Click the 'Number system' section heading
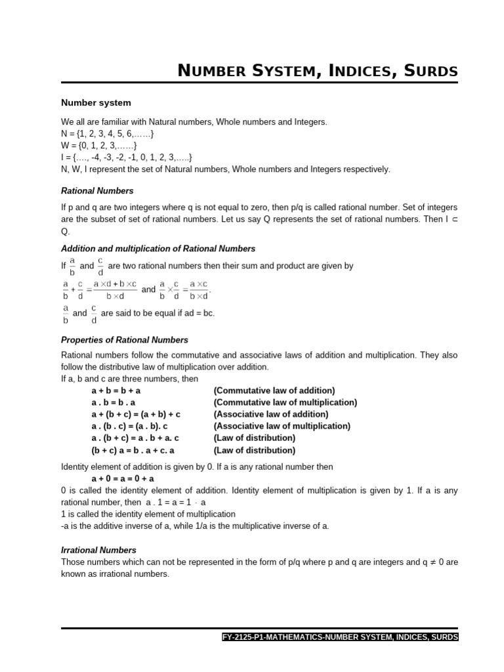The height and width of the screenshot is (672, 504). coord(96,103)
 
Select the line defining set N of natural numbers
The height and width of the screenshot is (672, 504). coord(108,134)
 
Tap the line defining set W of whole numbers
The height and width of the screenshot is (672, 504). coord(99,146)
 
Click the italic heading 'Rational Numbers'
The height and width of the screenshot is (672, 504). coord(97,191)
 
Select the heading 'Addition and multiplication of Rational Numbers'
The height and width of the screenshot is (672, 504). coord(158,249)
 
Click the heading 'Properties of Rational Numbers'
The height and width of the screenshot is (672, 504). coord(125,340)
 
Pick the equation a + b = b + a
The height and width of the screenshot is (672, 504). coord(116,390)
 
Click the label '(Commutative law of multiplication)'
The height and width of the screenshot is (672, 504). coord(285,402)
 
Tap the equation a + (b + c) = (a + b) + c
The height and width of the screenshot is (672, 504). coord(136,414)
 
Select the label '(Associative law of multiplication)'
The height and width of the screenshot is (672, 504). coord(282,426)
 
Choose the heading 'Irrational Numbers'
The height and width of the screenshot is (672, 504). coord(99,550)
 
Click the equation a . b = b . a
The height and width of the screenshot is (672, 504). coord(114,402)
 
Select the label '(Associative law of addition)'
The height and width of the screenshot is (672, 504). coord(271,414)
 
